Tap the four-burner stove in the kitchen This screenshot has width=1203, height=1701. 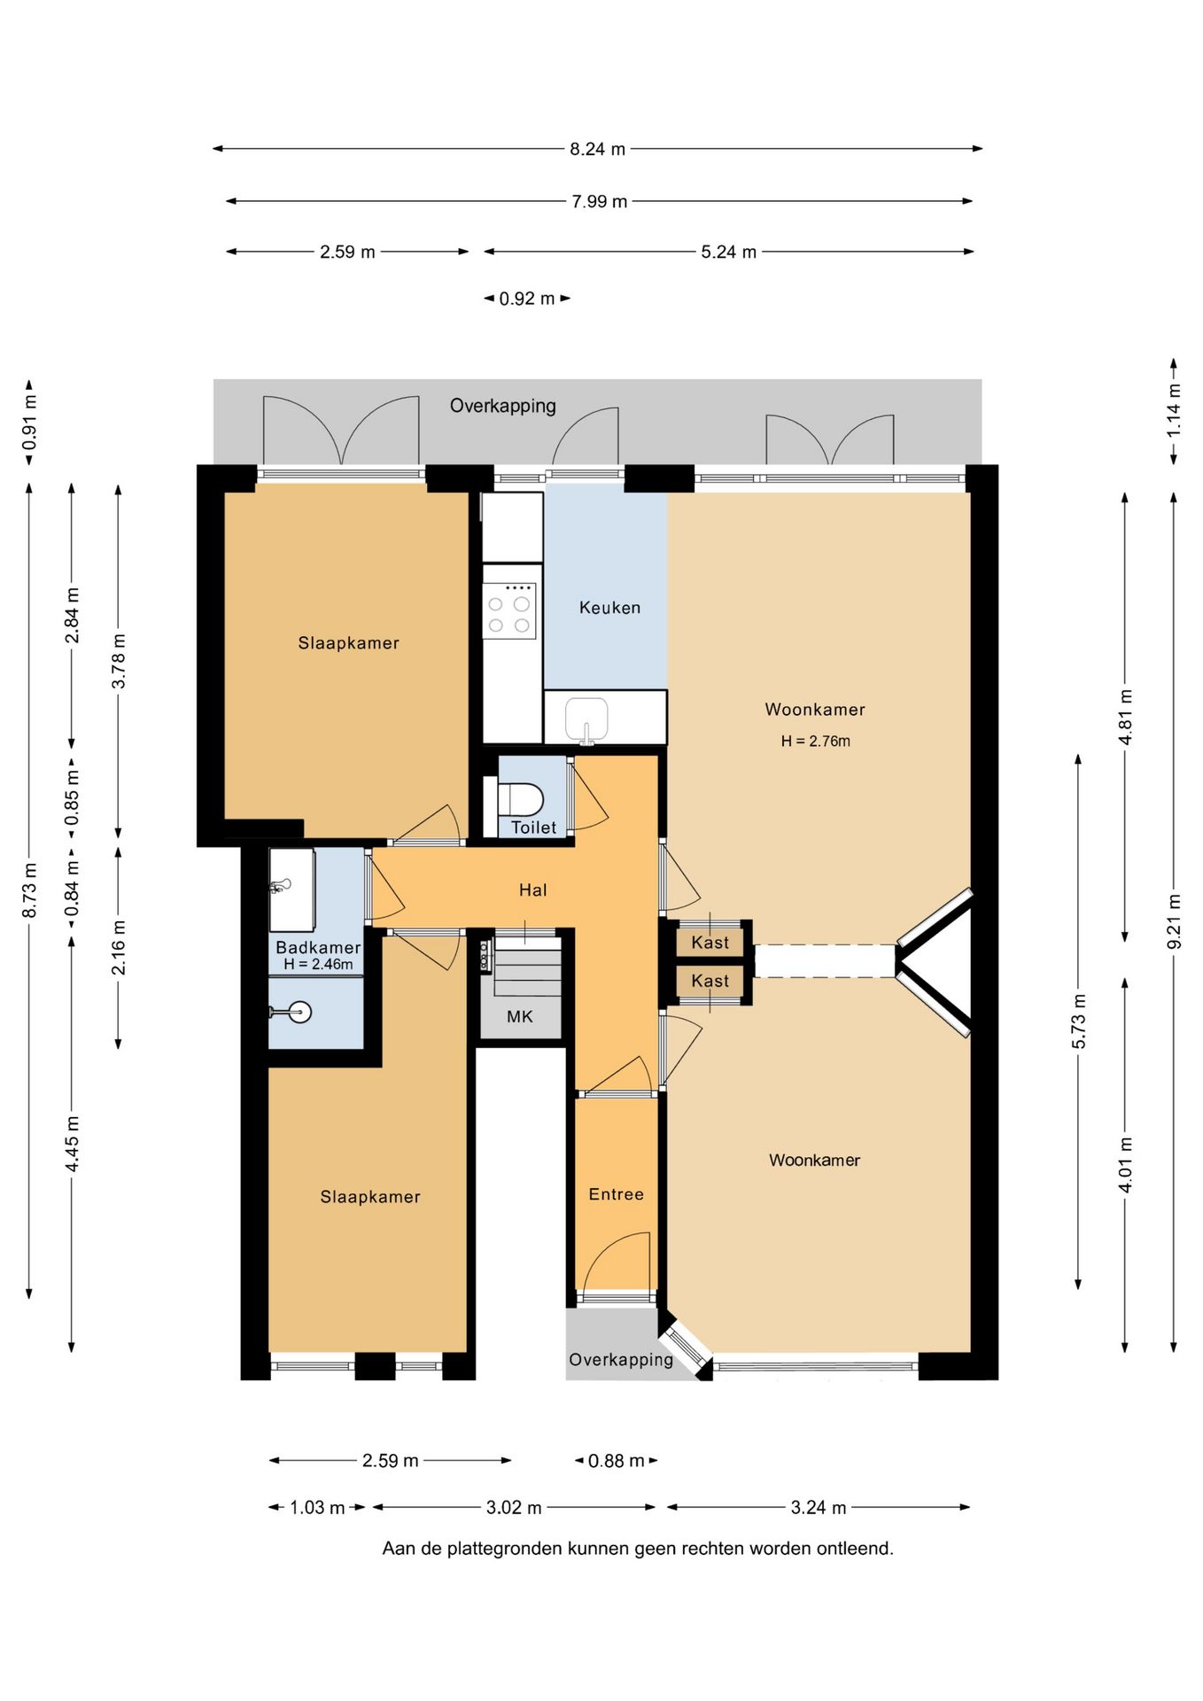click(x=509, y=610)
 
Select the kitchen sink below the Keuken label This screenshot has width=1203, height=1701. click(x=586, y=718)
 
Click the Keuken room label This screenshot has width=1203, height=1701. click(x=609, y=608)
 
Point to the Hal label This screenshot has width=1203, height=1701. click(x=532, y=890)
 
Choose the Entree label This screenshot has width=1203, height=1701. click(x=617, y=1194)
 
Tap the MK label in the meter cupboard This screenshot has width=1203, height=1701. click(x=520, y=1017)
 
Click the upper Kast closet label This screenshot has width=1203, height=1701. click(x=710, y=943)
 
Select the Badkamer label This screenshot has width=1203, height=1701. click(x=318, y=948)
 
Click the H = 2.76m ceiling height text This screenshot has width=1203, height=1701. click(x=816, y=742)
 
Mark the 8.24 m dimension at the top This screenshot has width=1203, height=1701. click(x=598, y=149)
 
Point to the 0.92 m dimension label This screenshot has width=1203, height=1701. click(x=527, y=299)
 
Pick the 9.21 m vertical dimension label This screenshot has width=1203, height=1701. click(x=1175, y=921)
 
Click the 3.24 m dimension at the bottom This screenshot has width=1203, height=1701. click(x=819, y=1507)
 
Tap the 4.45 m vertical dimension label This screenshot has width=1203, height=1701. click(x=72, y=1144)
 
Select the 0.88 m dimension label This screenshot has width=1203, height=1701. click(x=617, y=1461)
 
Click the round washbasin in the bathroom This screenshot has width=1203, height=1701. click(x=300, y=1012)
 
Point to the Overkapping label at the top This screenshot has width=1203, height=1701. click(x=503, y=406)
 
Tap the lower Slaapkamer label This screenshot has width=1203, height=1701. click(x=370, y=1197)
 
